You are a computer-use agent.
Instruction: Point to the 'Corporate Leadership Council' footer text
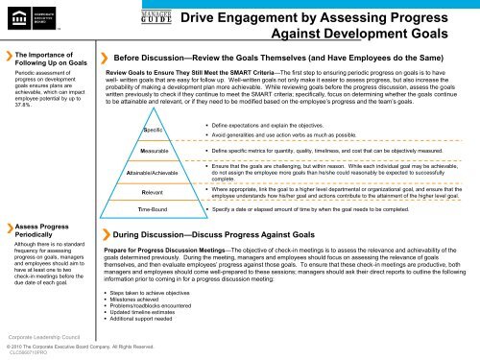coord(39,338)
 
